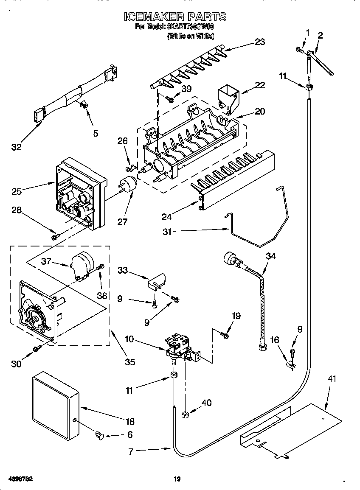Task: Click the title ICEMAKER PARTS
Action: coord(175,17)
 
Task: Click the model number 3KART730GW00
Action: coord(191,27)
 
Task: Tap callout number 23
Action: coord(259,42)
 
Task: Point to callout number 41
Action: coord(332,379)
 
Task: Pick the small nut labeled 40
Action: coord(185,414)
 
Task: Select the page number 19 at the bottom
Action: coord(177,479)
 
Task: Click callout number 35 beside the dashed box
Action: coord(129,362)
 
